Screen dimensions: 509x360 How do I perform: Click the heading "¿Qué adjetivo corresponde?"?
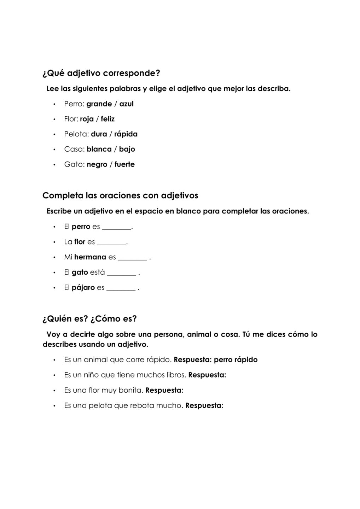(x=101, y=73)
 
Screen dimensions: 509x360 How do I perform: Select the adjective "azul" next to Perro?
(x=126, y=104)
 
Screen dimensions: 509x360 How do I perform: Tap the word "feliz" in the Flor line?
(x=108, y=119)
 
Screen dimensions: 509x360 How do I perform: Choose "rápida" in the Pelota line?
(x=126, y=134)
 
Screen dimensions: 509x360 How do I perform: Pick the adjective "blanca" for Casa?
(x=99, y=149)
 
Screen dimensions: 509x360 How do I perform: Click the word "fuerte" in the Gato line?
(x=124, y=164)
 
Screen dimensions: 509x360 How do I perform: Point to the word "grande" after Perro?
(x=99, y=104)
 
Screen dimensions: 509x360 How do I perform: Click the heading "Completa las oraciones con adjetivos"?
(x=120, y=195)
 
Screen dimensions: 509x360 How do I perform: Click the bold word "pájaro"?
(x=83, y=288)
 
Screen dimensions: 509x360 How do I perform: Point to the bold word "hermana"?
(x=90, y=257)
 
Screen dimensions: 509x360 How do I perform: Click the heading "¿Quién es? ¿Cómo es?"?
(x=89, y=318)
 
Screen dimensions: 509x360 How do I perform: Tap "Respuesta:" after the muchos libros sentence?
(x=207, y=375)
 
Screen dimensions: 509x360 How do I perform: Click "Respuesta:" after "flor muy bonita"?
(x=164, y=390)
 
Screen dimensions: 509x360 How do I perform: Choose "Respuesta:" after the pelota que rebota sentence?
(x=204, y=405)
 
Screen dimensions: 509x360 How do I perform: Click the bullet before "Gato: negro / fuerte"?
(x=54, y=165)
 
